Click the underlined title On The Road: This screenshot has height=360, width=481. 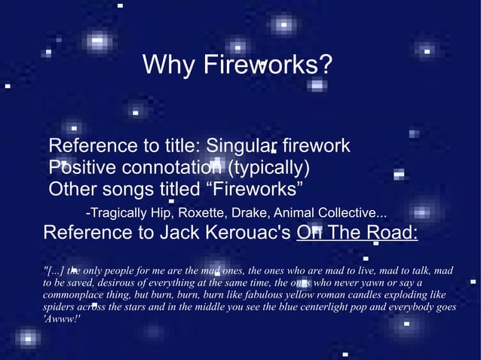(x=357, y=232)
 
